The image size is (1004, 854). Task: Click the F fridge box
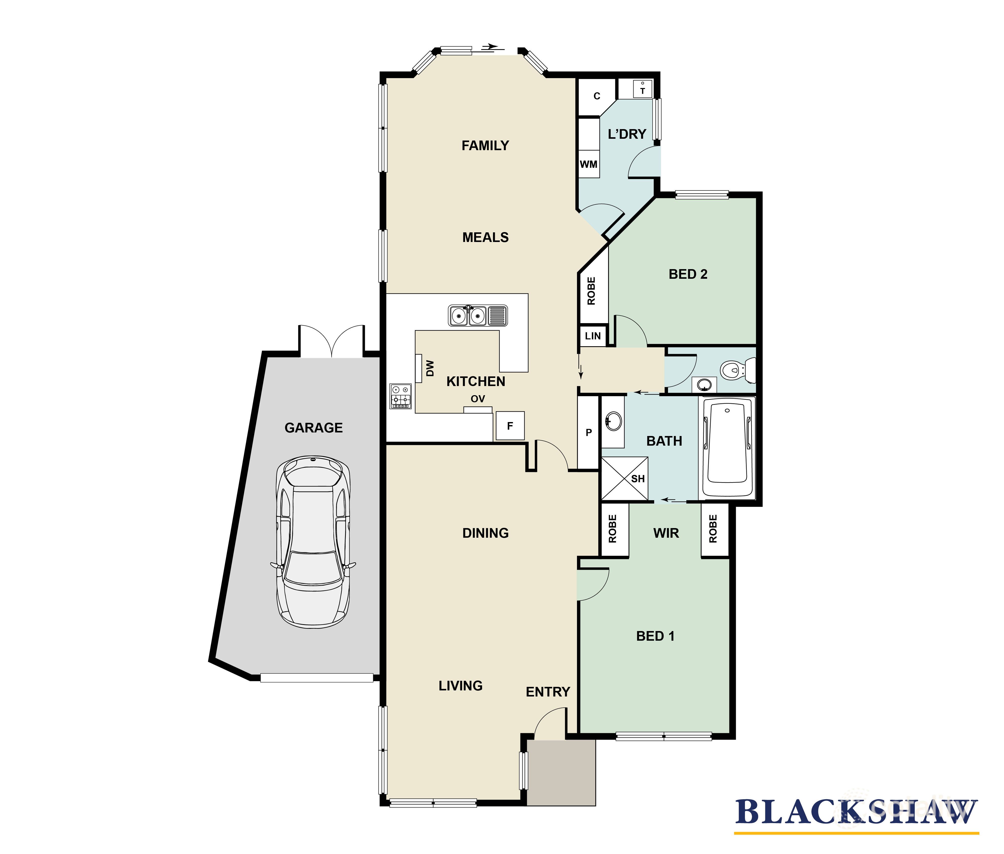(x=509, y=426)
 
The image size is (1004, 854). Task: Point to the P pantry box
(x=588, y=432)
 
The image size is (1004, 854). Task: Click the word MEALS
(x=485, y=237)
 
